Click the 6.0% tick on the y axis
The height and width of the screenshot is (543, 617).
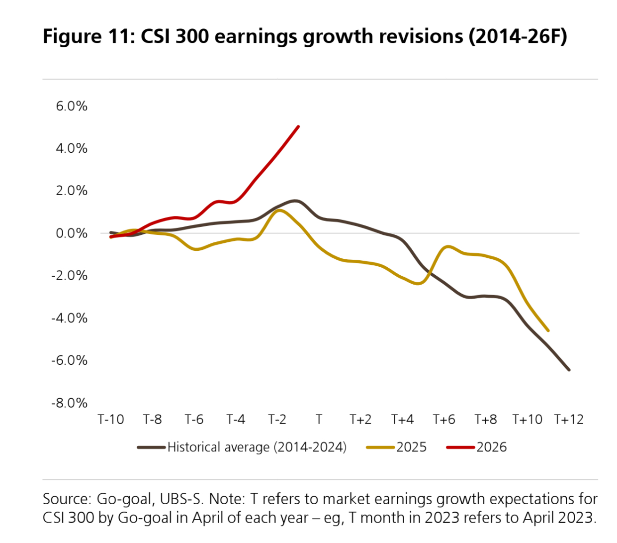click(x=72, y=106)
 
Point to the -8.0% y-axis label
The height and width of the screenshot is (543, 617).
click(x=70, y=403)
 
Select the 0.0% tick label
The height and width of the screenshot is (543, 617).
click(x=72, y=233)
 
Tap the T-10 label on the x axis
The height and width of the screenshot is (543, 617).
click(x=111, y=420)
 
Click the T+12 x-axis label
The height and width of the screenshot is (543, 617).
click(x=569, y=420)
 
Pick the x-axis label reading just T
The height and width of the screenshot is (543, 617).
click(x=319, y=420)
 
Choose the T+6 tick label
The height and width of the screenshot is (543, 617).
click(x=443, y=420)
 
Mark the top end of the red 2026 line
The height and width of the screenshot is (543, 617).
click(x=298, y=126)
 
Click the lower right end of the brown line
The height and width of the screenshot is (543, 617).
click(x=569, y=370)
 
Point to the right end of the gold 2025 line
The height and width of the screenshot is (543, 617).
click(x=548, y=330)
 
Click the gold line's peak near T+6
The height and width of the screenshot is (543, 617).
click(x=448, y=246)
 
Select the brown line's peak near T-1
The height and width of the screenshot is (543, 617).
click(x=296, y=201)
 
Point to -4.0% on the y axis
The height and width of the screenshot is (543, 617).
click(x=70, y=318)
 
